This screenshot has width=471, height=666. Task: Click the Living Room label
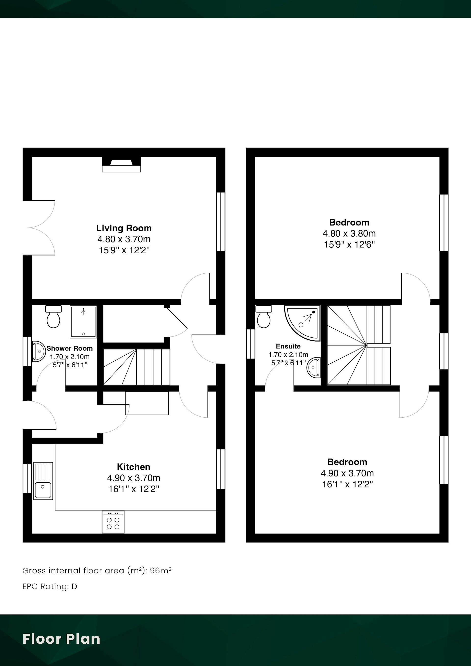[x=124, y=228]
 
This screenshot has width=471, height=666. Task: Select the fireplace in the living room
[x=121, y=164]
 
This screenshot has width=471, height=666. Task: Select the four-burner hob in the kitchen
[x=113, y=522]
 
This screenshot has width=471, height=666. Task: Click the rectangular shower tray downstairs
[x=83, y=322]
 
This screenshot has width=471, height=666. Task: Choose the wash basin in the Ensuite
[x=314, y=368]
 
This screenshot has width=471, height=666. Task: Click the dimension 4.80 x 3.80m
[x=349, y=233]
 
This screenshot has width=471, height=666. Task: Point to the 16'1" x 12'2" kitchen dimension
[x=134, y=489]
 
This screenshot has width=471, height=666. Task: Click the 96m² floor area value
[x=160, y=571]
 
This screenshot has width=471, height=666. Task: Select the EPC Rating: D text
[x=50, y=587]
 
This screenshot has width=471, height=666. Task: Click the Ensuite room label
[x=288, y=346]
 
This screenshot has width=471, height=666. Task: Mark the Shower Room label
[x=70, y=348]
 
